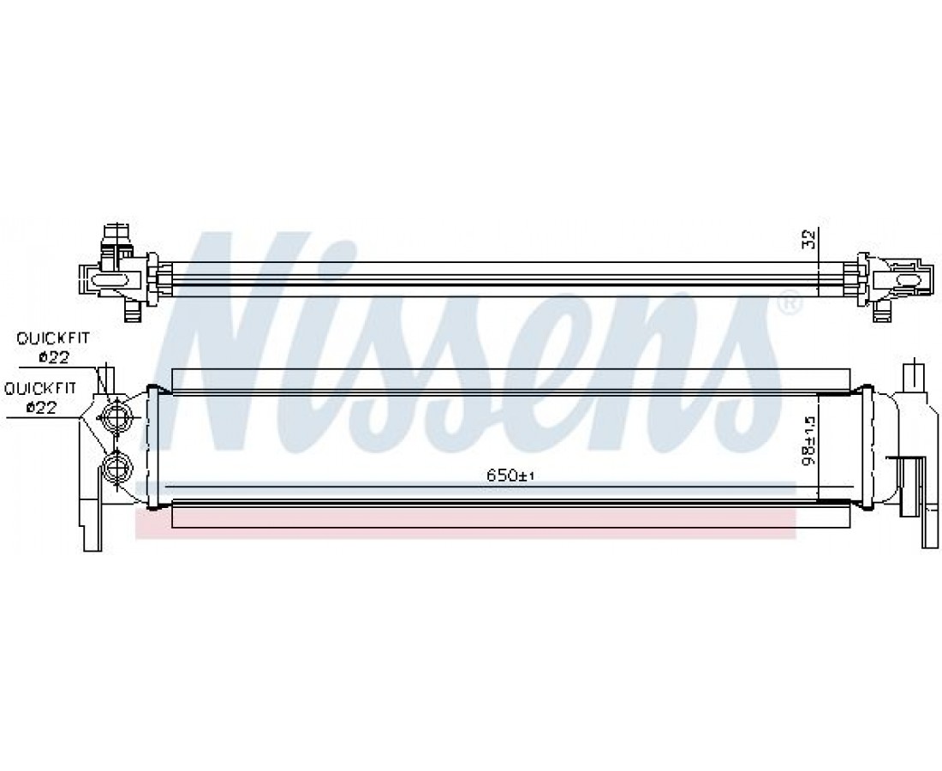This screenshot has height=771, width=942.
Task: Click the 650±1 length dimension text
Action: pyautogui.click(x=510, y=475)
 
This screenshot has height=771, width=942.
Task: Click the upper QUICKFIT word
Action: pyautogui.click(x=53, y=338)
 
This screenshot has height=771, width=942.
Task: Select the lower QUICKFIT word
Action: pyautogui.click(x=41, y=389)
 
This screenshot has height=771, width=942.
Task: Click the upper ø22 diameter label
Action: pyautogui.click(x=53, y=357)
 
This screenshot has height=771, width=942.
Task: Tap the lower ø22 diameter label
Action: pyautogui.click(x=40, y=408)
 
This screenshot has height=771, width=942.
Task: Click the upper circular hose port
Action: pyautogui.click(x=116, y=415)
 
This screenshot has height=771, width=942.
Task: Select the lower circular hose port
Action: pyautogui.click(x=116, y=466)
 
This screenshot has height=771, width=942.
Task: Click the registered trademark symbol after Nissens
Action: pyautogui.click(x=790, y=303)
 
